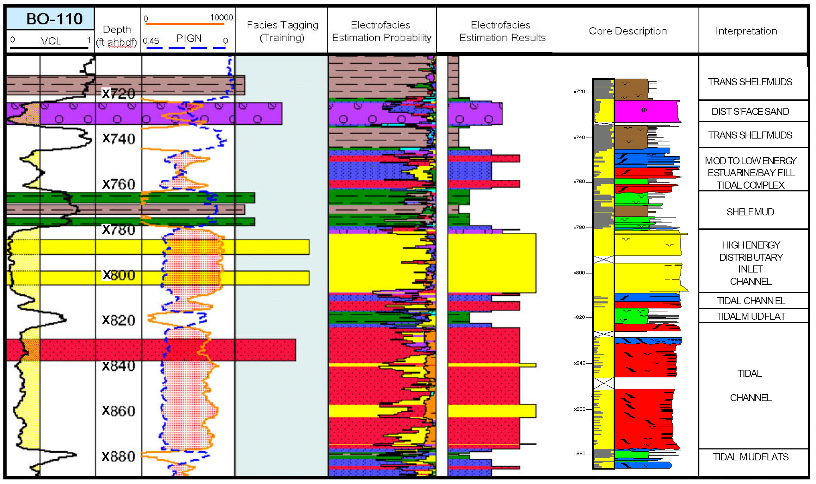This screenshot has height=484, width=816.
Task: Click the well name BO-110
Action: pyautogui.click(x=54, y=19)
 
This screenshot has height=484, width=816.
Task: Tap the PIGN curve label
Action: pyautogui.click(x=189, y=38)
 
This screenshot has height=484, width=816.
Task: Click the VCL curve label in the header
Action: pyautogui.click(x=51, y=41)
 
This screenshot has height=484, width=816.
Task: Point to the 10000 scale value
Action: pyautogui.click(x=221, y=17)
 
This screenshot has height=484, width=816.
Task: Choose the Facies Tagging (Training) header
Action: pyautogui.click(x=282, y=31)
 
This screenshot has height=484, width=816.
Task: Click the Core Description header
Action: pyautogui.click(x=628, y=31)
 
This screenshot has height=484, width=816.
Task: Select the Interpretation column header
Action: pyautogui.click(x=746, y=31)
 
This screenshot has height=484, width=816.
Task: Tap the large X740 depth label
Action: pyautogui.click(x=118, y=139)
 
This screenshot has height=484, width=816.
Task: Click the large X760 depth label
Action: pyautogui.click(x=118, y=184)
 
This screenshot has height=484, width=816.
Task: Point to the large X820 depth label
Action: pyautogui.click(x=118, y=320)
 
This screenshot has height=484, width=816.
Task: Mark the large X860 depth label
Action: pyautogui.click(x=118, y=411)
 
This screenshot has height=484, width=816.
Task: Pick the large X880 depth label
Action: pyautogui.click(x=118, y=457)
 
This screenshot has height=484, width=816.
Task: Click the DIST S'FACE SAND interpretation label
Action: pyautogui.click(x=750, y=111)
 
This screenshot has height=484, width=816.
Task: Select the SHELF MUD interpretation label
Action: pyautogui.click(x=750, y=212)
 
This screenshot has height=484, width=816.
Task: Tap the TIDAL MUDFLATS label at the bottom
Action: pyautogui.click(x=750, y=457)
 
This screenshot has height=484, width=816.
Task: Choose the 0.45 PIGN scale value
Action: pyautogui.click(x=151, y=41)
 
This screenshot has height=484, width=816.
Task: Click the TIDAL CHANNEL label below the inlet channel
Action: pyautogui.click(x=751, y=301)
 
